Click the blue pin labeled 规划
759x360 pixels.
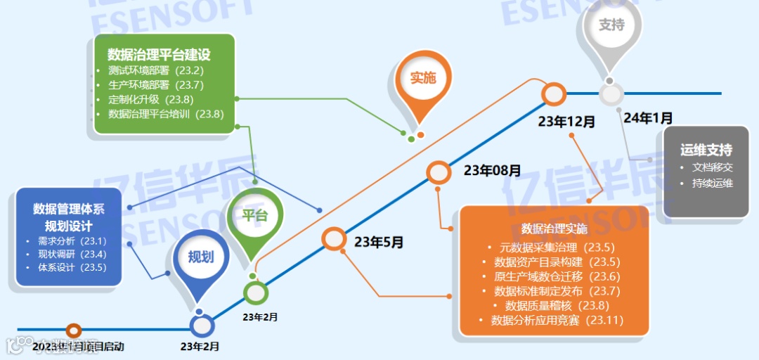click(x=200, y=257)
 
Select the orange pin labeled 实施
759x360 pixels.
click(x=422, y=78)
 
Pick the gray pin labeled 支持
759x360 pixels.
click(x=611, y=25)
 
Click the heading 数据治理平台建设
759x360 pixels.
click(x=159, y=54)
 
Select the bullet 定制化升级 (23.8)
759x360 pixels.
click(x=150, y=99)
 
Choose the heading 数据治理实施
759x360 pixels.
click(x=554, y=229)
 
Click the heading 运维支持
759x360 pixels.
click(x=706, y=150)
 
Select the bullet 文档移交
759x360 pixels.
click(x=713, y=168)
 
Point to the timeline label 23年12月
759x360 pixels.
click(x=566, y=121)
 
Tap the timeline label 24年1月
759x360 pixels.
click(x=647, y=117)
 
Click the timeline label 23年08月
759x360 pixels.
click(x=492, y=170)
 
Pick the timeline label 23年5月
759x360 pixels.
click(x=379, y=243)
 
